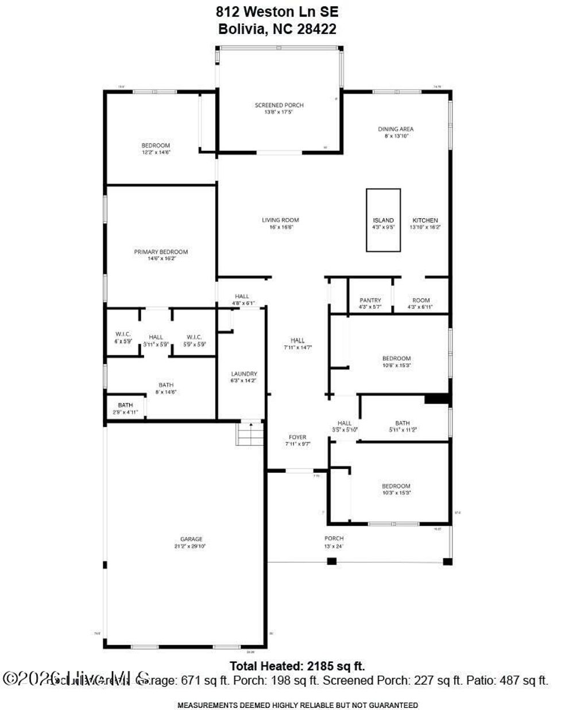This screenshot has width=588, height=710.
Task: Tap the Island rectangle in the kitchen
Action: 383,220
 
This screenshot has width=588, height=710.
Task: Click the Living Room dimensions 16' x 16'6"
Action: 281,227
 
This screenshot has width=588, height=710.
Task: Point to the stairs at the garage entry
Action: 251,433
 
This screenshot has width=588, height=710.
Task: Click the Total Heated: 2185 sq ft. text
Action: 297,666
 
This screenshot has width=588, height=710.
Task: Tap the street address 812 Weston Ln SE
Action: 277,11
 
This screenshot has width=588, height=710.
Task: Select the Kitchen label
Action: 425,220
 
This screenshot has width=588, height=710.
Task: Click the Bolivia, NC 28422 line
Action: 277,29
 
